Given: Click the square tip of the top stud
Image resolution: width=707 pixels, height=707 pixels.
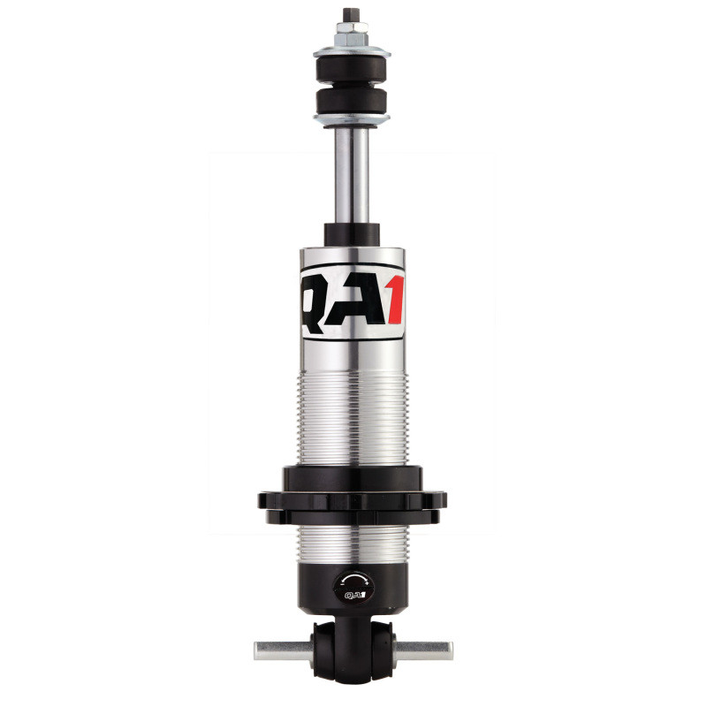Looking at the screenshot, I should pyautogui.click(x=352, y=15).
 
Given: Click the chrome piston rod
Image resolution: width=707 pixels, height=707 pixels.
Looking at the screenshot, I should pyautogui.click(x=352, y=177).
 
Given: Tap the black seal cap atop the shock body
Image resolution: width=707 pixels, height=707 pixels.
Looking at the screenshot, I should pyautogui.click(x=352, y=235).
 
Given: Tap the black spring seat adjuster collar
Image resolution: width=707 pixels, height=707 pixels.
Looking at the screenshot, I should pyautogui.click(x=352, y=498).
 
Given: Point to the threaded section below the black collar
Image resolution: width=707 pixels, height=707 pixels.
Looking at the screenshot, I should pyautogui.click(x=352, y=546).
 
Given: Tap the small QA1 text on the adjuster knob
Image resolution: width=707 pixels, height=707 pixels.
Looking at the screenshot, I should pyautogui.click(x=352, y=595).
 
